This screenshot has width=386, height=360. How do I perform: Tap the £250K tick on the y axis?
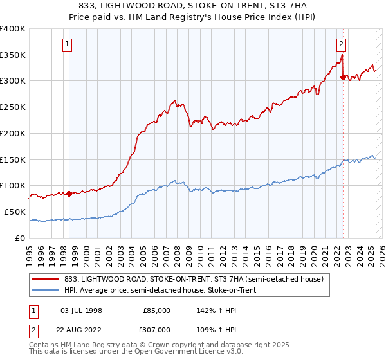click(13, 107)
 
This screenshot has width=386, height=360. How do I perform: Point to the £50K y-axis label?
click(15, 212)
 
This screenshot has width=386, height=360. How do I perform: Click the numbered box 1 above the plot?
click(68, 44)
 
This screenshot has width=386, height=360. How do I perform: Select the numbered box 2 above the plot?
click(341, 44)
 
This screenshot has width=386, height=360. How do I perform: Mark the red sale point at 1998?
click(68, 194)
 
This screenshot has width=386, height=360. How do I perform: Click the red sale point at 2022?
click(342, 77)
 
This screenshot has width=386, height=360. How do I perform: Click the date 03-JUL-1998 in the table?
click(81, 310)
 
